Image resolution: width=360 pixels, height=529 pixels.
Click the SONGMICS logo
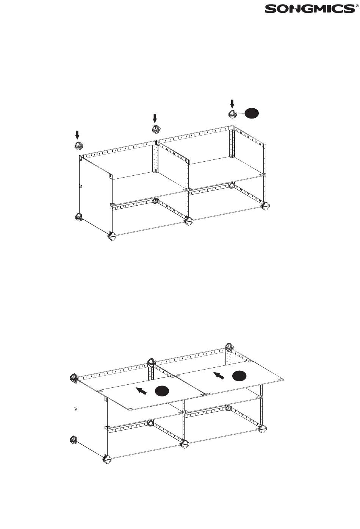pos(310,9)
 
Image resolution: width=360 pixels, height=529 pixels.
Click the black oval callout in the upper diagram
pos(252,113)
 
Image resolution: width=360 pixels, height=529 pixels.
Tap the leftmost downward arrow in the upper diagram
pos(77,135)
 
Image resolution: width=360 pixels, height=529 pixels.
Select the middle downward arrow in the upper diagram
pos(155,119)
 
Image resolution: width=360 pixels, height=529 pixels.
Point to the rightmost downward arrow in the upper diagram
pos(232,104)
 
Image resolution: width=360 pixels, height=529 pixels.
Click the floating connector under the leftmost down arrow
pos(79,145)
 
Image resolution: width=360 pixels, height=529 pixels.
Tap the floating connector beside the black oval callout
pos(233,114)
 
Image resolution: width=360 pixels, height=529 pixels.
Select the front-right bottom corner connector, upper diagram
pos(266,206)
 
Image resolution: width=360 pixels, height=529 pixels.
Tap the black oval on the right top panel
pos(239,376)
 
